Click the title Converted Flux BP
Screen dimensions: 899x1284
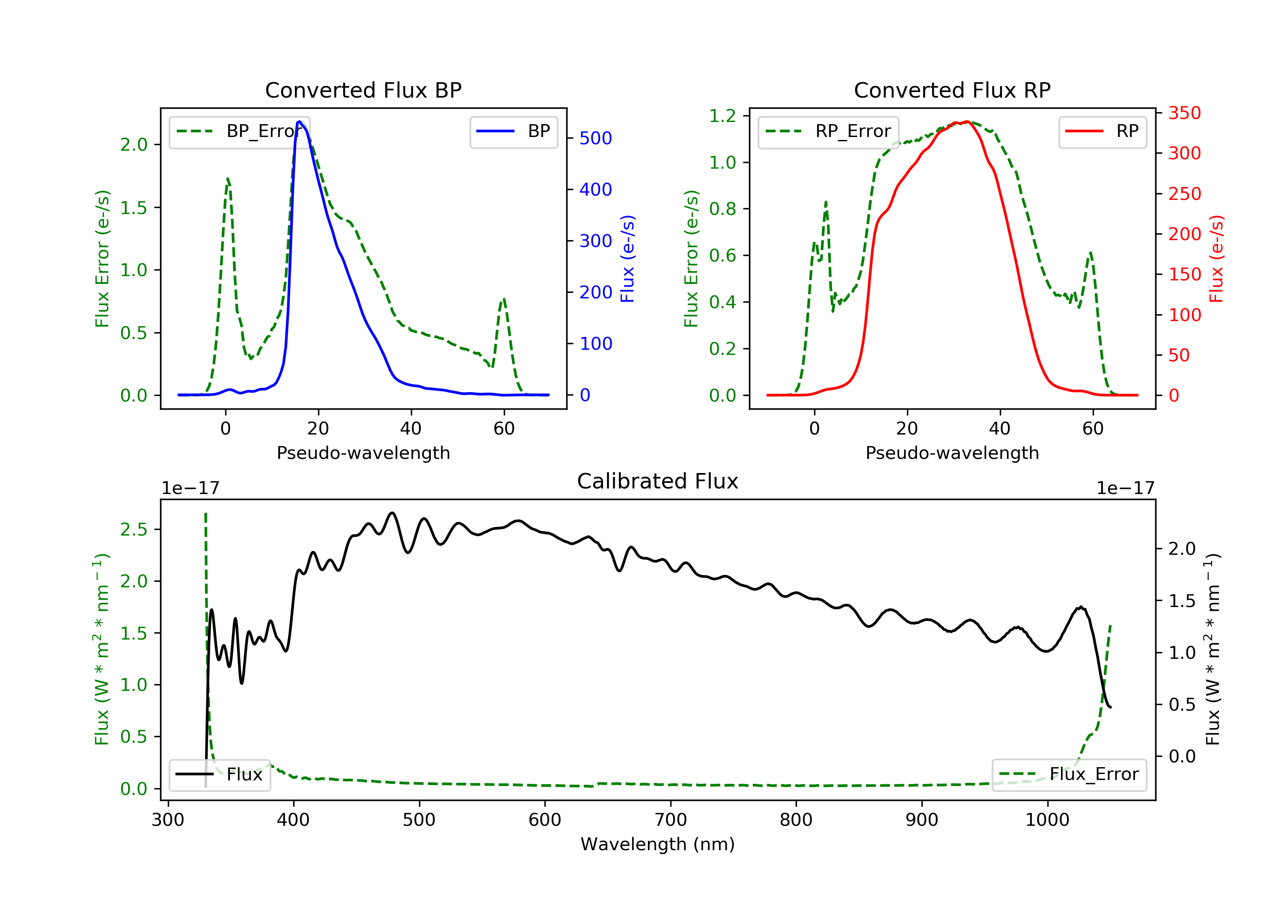(363, 90)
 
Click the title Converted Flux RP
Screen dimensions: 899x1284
(952, 90)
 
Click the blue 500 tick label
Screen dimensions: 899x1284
(596, 138)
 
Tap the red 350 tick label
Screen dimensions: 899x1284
(1184, 113)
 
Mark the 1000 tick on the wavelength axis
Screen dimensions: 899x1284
(1047, 820)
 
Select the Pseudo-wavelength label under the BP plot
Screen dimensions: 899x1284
(363, 452)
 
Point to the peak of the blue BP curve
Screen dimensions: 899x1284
(300, 122)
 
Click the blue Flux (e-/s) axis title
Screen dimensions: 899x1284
(627, 259)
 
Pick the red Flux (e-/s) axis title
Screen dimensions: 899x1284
(1216, 259)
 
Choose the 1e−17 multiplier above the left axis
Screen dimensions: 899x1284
(190, 488)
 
